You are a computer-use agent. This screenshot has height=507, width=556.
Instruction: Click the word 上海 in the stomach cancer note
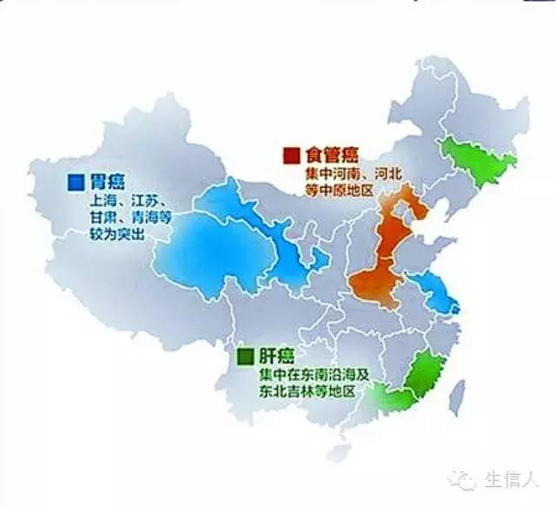[x=83, y=202]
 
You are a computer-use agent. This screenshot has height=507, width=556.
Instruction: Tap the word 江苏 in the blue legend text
[x=127, y=202]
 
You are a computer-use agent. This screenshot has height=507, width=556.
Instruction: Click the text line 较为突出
[x=96, y=235]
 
